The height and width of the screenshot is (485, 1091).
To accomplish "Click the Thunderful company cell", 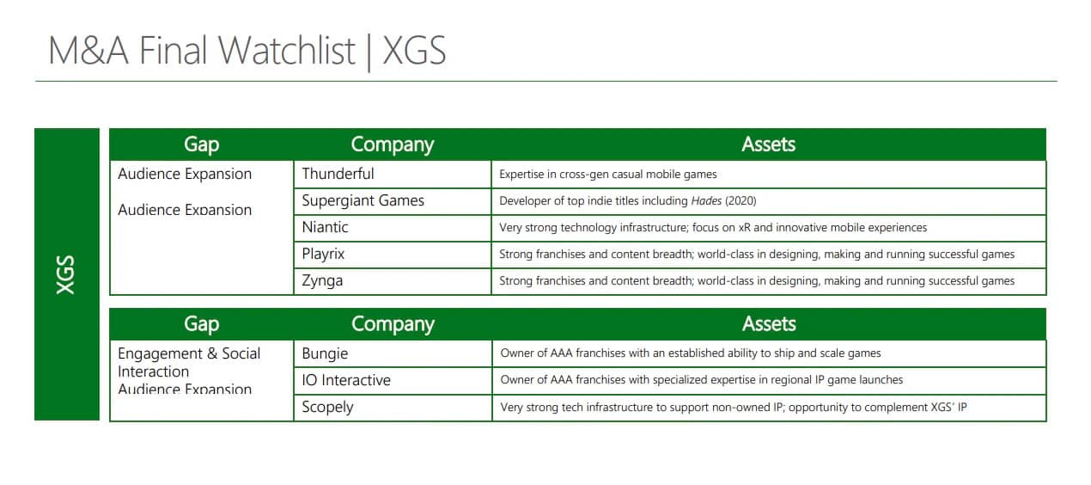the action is pos(392,174).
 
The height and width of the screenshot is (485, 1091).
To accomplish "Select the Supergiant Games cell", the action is pos(392,201).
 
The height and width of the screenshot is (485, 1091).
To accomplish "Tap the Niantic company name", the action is pos(325,227).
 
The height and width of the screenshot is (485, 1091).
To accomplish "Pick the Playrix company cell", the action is pos(392,254).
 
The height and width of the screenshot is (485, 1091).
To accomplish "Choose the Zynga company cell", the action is pos(392,280).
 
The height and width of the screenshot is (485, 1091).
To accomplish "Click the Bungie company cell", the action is pos(393,353).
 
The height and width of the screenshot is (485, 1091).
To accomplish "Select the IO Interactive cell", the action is pos(393,380).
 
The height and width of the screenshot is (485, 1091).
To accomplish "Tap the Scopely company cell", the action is pos(393,407).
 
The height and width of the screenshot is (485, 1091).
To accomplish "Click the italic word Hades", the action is pos(706,201).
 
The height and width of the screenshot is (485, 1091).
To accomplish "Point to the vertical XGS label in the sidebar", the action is pos(66,274).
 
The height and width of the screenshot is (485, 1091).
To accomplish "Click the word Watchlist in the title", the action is pos(286,50).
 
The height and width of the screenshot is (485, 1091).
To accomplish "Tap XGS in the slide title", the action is pos(414,50).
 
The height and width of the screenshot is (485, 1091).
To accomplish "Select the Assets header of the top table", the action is pos(768,144).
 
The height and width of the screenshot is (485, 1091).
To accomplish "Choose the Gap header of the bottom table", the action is pos(201,324).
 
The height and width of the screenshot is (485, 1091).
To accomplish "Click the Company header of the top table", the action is pos(392,144).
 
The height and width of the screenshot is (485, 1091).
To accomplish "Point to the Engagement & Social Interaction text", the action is pos(189,362).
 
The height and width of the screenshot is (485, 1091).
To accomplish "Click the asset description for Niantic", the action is pos(713,228).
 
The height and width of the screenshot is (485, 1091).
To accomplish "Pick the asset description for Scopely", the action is pos(734,407).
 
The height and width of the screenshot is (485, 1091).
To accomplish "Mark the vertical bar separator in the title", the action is pos(369,52).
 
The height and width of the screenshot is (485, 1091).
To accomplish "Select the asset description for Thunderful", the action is pos(608,175).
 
